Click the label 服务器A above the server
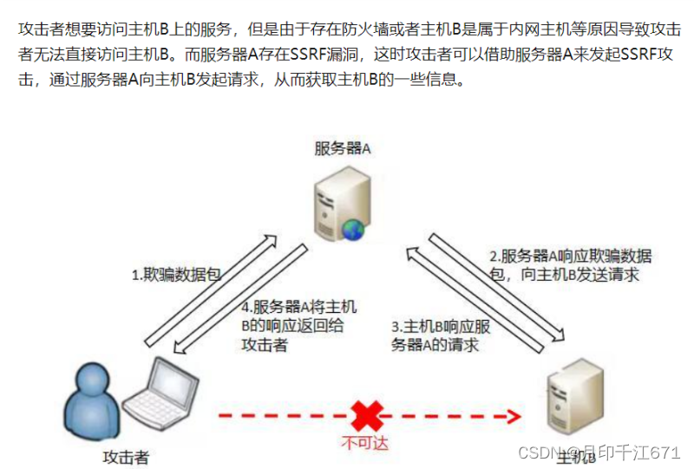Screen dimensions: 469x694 pos(343,148)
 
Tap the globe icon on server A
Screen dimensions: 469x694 pos(352,229)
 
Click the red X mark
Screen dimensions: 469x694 pos(367,414)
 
